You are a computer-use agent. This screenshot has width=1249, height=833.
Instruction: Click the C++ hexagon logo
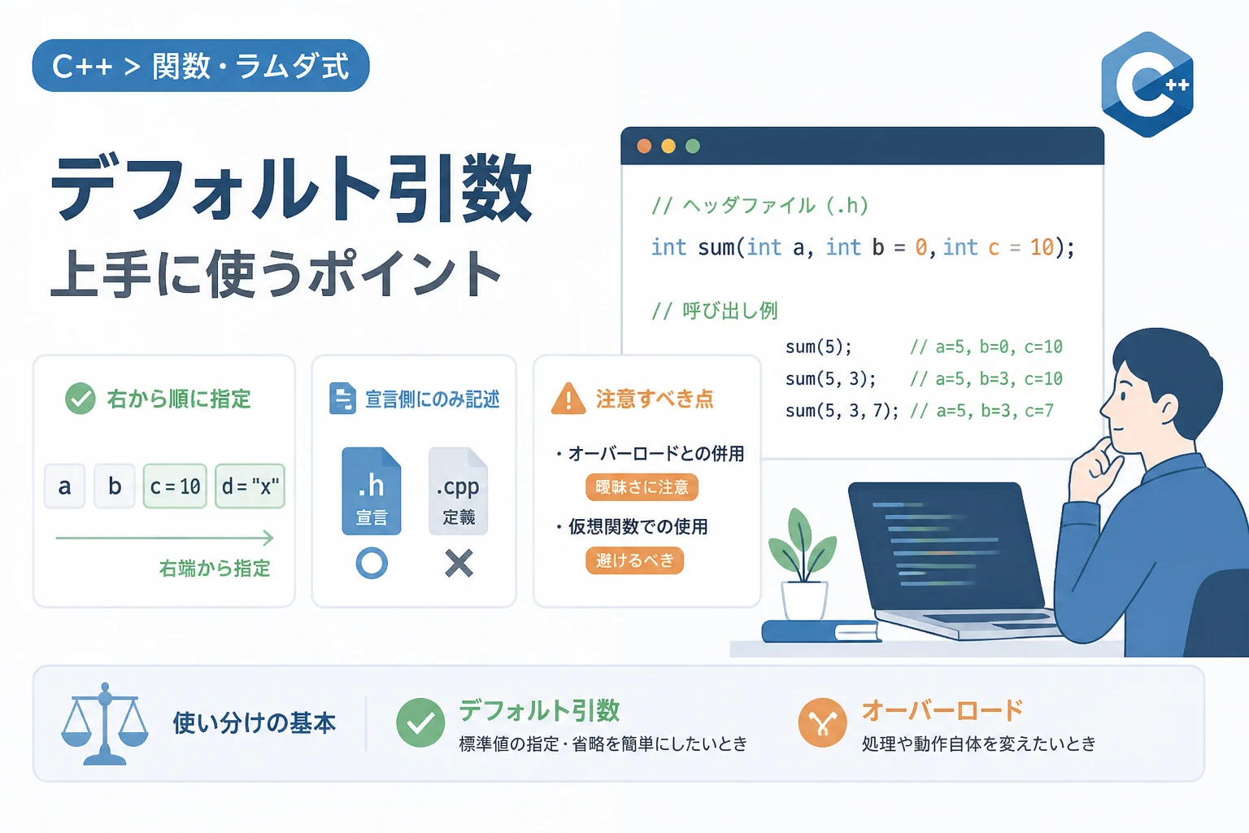pos(1147,85)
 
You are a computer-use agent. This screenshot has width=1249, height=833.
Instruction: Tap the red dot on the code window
pos(644,146)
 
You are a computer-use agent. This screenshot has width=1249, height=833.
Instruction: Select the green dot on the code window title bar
pos(693,146)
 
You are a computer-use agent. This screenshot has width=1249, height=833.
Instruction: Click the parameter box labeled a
pos(65,486)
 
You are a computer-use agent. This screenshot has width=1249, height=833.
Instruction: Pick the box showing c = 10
pos(175,486)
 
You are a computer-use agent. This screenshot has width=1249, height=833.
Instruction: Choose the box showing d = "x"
pos(250,486)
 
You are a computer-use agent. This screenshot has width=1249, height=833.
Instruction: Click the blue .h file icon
pos(372,491)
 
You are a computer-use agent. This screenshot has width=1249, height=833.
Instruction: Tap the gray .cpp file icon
pos(459,491)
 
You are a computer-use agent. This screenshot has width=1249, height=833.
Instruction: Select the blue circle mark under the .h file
pos(372,563)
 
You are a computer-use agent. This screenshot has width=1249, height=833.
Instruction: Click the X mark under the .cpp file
pos(459,563)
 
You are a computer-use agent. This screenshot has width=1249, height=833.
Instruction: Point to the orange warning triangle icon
pos(568,399)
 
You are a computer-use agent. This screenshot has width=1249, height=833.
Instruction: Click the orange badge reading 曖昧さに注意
pos(642,487)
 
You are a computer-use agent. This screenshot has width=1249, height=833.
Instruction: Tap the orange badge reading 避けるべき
pos(634,560)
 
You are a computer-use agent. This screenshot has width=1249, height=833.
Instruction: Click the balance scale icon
pos(105,724)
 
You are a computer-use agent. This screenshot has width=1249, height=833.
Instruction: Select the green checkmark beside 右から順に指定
pos(81,399)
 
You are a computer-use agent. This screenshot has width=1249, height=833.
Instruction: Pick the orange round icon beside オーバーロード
pos(822,722)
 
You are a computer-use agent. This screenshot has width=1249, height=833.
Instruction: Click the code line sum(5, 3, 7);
pos(842,411)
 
